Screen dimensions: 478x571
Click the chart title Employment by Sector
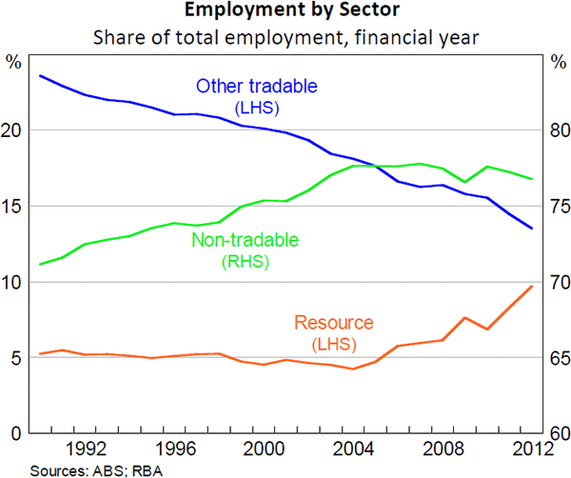[x=285, y=12]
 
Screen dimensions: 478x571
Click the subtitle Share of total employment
[x=285, y=39]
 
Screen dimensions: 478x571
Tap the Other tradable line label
[x=256, y=87]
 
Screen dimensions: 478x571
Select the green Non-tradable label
[x=245, y=240]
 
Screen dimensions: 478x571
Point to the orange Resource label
[x=334, y=323]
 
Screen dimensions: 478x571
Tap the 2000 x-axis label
[x=266, y=448]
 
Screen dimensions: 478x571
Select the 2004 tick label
[x=356, y=448]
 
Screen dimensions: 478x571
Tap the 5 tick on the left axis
[x=14, y=359]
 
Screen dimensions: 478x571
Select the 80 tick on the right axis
[x=556, y=130]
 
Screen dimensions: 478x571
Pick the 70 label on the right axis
[x=556, y=283]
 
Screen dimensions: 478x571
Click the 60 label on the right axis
[x=556, y=434]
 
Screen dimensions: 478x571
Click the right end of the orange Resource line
[x=532, y=287]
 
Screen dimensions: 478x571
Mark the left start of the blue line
[x=39, y=75]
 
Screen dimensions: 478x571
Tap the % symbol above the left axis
[x=13, y=63]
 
